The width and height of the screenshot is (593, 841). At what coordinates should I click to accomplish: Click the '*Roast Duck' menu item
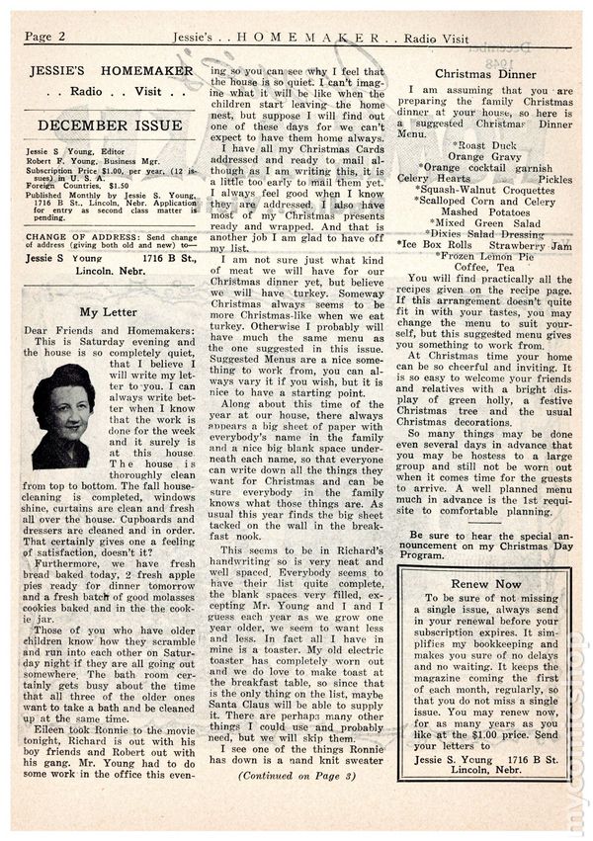click(x=482, y=143)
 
